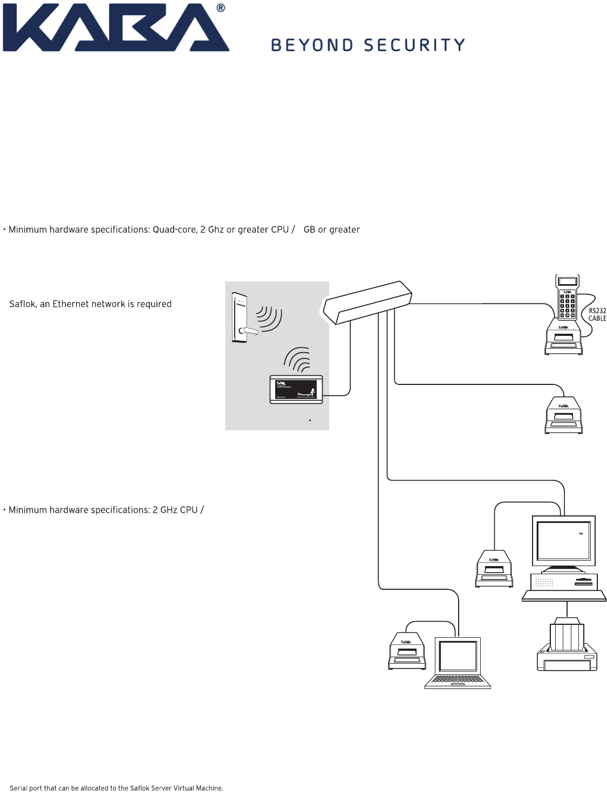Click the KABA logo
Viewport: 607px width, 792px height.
coord(116,28)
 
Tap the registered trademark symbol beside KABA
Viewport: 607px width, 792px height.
coord(220,8)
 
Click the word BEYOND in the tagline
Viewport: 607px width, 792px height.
coord(312,45)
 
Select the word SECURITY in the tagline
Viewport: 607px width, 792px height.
coord(414,45)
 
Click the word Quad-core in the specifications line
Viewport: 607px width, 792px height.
coord(174,230)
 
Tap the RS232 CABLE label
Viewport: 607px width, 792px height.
coord(597,315)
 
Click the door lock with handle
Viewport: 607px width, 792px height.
coord(241,318)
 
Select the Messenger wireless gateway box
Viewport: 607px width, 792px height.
coord(296,389)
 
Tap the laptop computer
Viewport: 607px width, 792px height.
coord(458,663)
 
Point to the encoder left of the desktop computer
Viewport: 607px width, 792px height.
coord(494,569)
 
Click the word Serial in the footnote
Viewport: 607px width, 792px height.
coord(18,788)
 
